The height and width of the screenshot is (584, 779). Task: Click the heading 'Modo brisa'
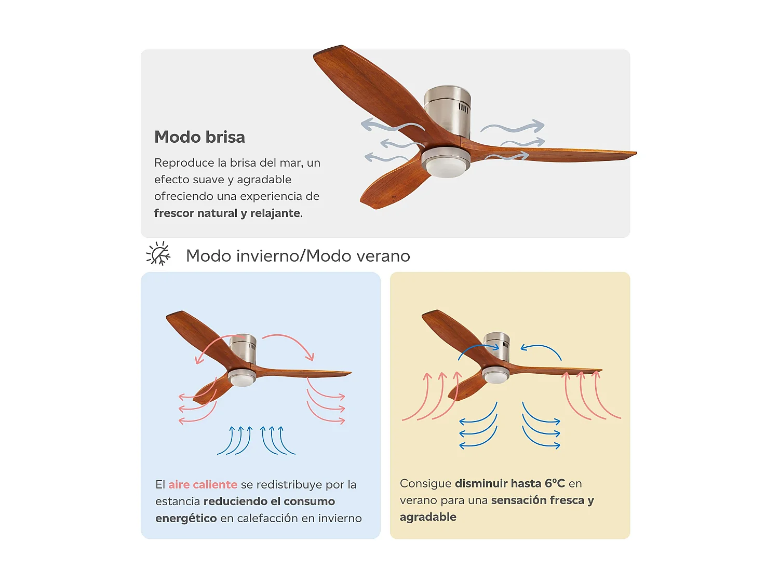(199, 137)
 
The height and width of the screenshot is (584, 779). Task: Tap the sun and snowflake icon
(158, 253)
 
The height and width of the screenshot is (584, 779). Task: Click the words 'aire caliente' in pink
(203, 484)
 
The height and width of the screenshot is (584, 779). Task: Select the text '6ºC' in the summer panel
(555, 483)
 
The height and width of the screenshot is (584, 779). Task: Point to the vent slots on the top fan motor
(463, 108)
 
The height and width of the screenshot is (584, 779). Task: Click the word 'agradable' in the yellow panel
(428, 517)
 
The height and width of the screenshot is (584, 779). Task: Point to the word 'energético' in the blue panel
(186, 519)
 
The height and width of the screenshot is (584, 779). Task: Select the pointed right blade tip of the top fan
(636, 153)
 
